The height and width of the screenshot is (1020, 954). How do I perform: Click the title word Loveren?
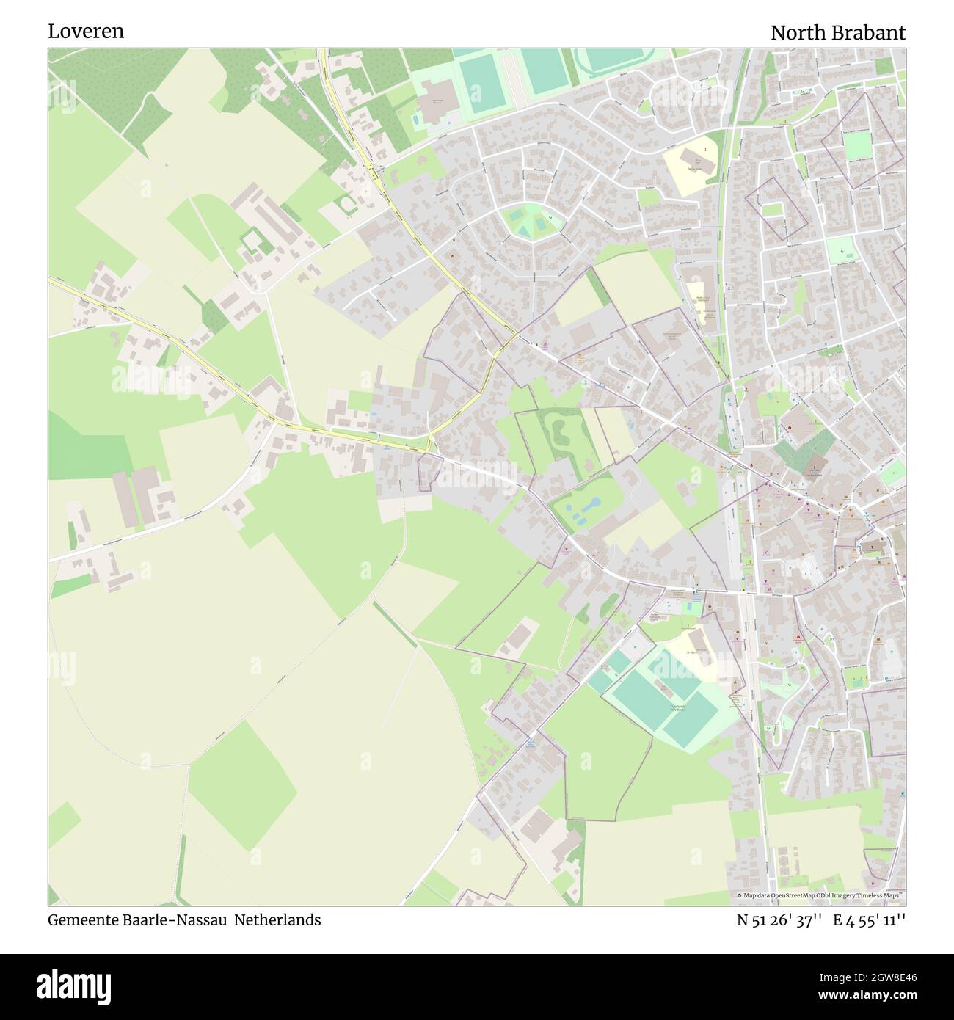pyautogui.click(x=86, y=32)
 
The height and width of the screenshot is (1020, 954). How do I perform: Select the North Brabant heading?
pyautogui.click(x=837, y=33)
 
